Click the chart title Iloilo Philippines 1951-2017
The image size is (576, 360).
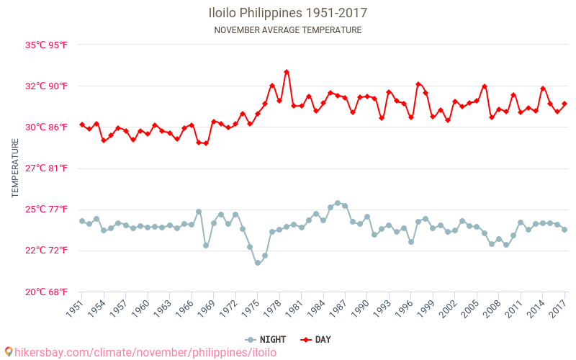click(288, 13)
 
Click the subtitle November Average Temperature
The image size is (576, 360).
click(288, 30)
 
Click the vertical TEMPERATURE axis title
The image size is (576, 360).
click(16, 168)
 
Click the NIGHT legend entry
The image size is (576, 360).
click(266, 339)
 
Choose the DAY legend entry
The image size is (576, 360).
click(317, 339)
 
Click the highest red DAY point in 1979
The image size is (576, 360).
click(287, 72)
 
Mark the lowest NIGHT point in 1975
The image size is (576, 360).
click(257, 263)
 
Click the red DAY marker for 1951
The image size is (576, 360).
click(81, 125)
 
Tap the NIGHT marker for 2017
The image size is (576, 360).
click(564, 230)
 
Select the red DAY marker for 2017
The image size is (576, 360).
click(564, 104)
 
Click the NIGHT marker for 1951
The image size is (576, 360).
click(81, 221)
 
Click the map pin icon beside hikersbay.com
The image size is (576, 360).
click(8, 352)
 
